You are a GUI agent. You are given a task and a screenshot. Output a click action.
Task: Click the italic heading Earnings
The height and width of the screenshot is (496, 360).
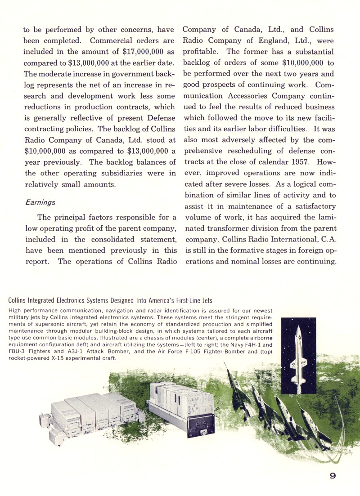point(40,202)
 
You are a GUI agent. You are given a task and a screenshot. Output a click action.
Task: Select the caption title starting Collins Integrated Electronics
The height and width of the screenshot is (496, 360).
point(110,300)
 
